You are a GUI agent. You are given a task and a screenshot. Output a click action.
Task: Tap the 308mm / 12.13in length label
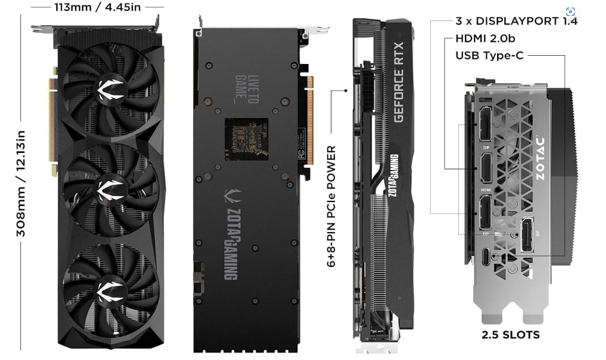(21, 183)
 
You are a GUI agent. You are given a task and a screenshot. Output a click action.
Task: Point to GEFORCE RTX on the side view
(399, 81)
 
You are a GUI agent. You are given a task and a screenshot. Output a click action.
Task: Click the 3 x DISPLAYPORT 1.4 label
(516, 21)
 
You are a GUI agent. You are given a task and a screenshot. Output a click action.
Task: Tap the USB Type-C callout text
(489, 55)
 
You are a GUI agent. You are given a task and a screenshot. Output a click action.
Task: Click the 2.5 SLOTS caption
(510, 335)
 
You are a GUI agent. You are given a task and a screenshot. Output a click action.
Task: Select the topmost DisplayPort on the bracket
(485, 125)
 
